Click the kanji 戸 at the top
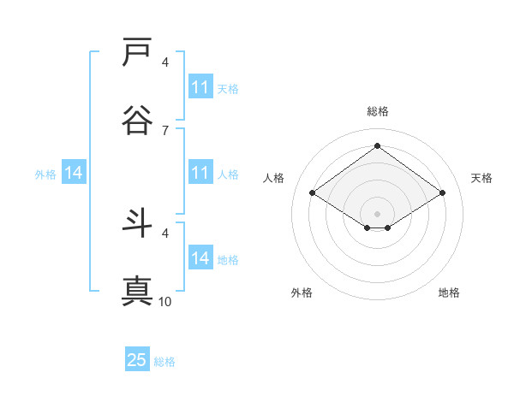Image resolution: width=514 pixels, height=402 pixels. (x=138, y=52)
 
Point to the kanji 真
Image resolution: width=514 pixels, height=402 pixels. (x=138, y=290)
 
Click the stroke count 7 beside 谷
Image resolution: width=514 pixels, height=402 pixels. (x=165, y=130)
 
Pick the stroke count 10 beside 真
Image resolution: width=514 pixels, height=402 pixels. (x=165, y=301)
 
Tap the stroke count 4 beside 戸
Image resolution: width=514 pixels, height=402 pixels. (x=165, y=62)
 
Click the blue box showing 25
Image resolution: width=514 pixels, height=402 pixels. (x=137, y=360)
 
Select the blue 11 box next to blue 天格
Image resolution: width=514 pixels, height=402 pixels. (x=200, y=87)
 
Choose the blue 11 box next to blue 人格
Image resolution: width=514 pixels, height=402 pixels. (x=200, y=173)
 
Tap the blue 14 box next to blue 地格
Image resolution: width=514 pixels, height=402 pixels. (x=200, y=258)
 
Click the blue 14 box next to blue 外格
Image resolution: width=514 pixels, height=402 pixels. (x=74, y=173)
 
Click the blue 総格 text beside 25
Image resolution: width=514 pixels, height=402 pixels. (x=165, y=362)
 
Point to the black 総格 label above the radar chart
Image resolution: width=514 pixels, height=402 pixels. (x=378, y=111)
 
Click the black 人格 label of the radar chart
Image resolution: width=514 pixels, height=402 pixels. (x=274, y=178)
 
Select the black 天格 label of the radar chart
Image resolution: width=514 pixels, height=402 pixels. (x=482, y=178)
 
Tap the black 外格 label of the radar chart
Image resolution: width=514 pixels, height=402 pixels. (x=302, y=293)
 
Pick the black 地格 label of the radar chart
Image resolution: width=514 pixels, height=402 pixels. (x=449, y=293)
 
